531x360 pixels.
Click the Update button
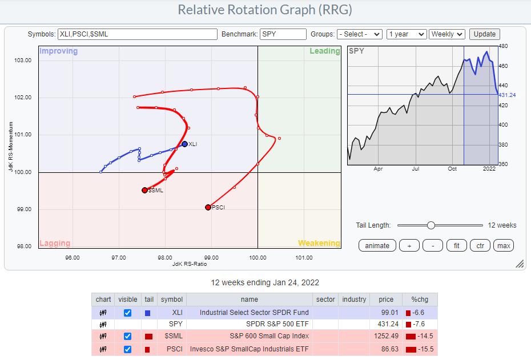click(485, 34)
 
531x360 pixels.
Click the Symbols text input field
click(138, 34)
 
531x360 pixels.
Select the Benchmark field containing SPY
click(283, 34)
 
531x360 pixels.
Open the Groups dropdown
click(359, 34)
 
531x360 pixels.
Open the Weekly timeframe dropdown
click(447, 34)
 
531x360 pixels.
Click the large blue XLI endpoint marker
click(184, 144)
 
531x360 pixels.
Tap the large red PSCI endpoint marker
click(208, 207)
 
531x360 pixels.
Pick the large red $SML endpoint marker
click(144, 190)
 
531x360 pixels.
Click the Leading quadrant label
click(324, 51)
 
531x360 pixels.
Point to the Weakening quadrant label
click(319, 243)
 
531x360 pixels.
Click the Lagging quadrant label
click(55, 243)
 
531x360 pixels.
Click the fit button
click(456, 245)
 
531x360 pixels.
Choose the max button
click(504, 245)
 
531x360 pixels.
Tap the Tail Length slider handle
click(431, 225)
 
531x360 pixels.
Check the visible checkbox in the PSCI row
click(127, 349)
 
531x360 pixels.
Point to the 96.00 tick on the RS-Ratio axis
click(73, 257)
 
